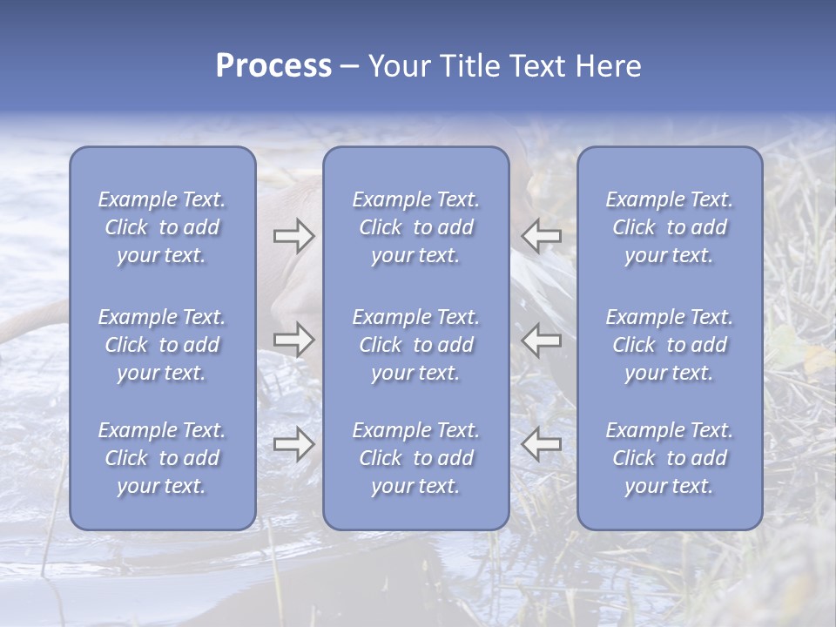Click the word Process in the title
point(273,66)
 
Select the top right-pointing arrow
point(293,234)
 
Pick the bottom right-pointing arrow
point(293,444)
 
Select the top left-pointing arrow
point(542,234)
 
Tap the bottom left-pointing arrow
point(542,444)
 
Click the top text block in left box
point(162,227)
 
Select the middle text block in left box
point(162,345)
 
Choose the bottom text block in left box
point(162,458)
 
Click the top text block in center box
point(416,227)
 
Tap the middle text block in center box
point(416,345)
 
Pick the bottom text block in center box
point(416,458)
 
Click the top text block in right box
point(670,227)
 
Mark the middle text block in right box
point(670,345)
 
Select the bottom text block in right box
point(670,458)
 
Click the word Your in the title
point(399,66)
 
